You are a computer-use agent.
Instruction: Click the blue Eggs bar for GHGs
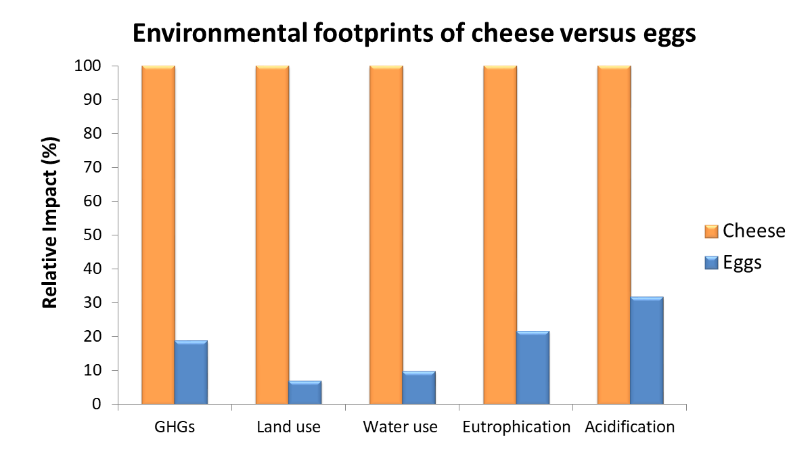click(x=191, y=373)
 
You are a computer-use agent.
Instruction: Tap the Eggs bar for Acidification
click(x=647, y=350)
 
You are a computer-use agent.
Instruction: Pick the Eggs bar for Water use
click(x=419, y=388)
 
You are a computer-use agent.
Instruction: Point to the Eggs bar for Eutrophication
click(x=533, y=368)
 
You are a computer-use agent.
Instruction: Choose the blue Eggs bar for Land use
click(x=305, y=393)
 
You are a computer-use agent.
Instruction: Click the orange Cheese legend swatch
click(x=710, y=231)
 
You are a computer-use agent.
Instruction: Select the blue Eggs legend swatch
click(x=710, y=263)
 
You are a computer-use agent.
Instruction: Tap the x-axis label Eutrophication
click(x=517, y=428)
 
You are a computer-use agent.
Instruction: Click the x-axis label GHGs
click(x=175, y=428)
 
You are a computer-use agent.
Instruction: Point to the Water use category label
click(x=400, y=428)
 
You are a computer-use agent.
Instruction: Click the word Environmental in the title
click(x=201, y=33)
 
